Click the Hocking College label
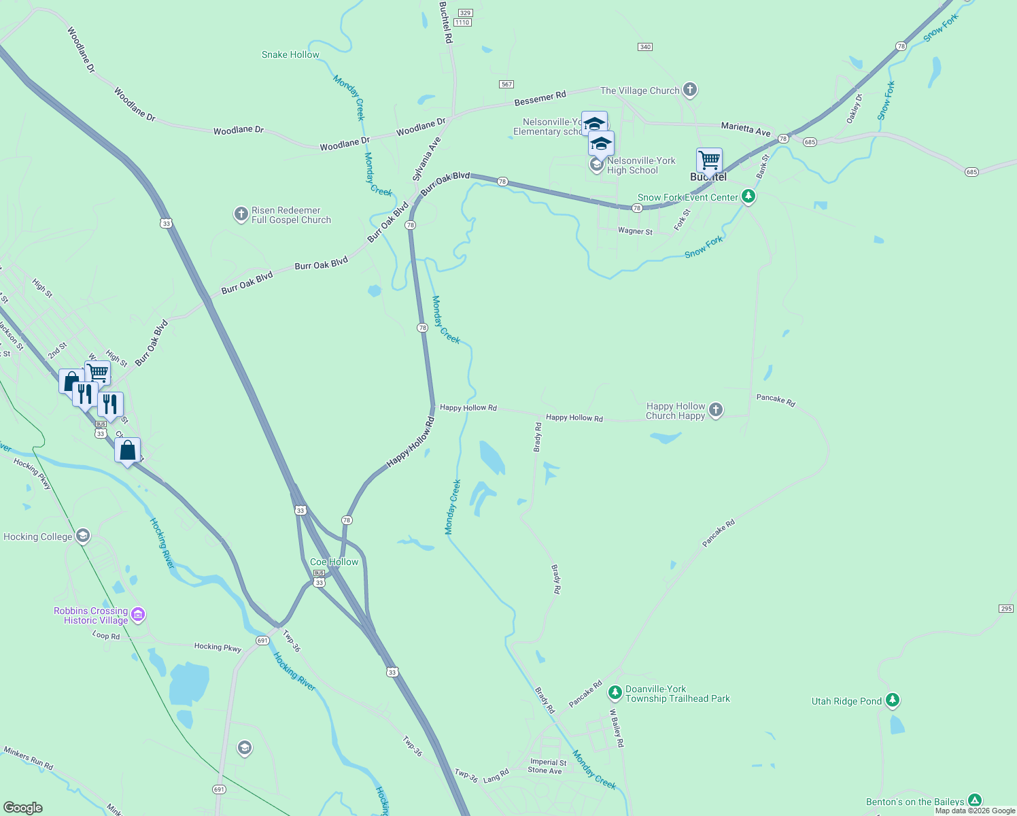tap(38, 537)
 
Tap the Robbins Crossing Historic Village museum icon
tap(139, 615)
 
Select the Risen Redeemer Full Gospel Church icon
tap(241, 215)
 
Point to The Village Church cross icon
tap(690, 90)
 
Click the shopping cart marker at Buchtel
tap(709, 161)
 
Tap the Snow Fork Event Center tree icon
tap(748, 197)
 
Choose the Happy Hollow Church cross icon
tap(715, 410)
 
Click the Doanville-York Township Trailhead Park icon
tap(615, 693)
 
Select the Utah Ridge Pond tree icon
tap(893, 700)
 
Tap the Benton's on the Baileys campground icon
tap(975, 801)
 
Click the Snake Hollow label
tap(290, 54)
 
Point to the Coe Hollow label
tap(334, 562)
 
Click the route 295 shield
tap(1007, 609)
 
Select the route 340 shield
tap(645, 47)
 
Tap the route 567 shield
tap(506, 84)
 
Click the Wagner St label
tap(635, 231)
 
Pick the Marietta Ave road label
tap(746, 129)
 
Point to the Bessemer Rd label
tap(540, 99)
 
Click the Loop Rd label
tap(106, 635)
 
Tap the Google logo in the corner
tap(23, 808)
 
